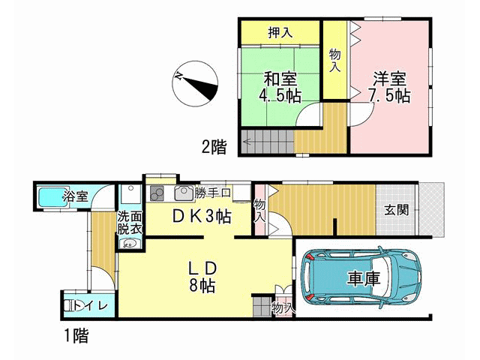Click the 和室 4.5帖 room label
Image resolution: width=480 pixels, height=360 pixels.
pyautogui.click(x=280, y=87)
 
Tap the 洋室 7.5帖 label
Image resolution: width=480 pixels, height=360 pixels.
pyautogui.click(x=389, y=87)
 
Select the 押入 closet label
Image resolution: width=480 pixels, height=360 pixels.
pyautogui.click(x=280, y=32)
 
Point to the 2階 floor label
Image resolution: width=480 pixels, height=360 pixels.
pyautogui.click(x=214, y=147)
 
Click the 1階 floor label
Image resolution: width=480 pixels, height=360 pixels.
pyautogui.click(x=76, y=336)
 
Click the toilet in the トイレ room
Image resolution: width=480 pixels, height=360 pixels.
pyautogui.click(x=73, y=305)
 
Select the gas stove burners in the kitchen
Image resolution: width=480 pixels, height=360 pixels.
pyautogui.click(x=157, y=193)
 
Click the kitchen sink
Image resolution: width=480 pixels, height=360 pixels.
pyautogui.click(x=184, y=193)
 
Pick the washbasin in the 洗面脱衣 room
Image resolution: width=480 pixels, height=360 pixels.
pyautogui.click(x=130, y=244)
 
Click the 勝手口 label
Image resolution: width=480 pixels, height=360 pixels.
pyautogui.click(x=212, y=193)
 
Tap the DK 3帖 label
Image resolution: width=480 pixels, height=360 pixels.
pyautogui.click(x=201, y=217)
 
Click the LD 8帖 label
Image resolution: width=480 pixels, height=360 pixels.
pyautogui.click(x=202, y=277)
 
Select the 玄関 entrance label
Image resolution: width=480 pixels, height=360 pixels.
pyautogui.click(x=397, y=210)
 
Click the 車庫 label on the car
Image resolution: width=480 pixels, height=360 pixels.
pyautogui.click(x=363, y=278)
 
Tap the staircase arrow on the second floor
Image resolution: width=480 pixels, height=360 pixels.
pyautogui.click(x=247, y=142)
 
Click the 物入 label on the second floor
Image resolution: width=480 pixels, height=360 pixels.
pyautogui.click(x=334, y=61)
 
